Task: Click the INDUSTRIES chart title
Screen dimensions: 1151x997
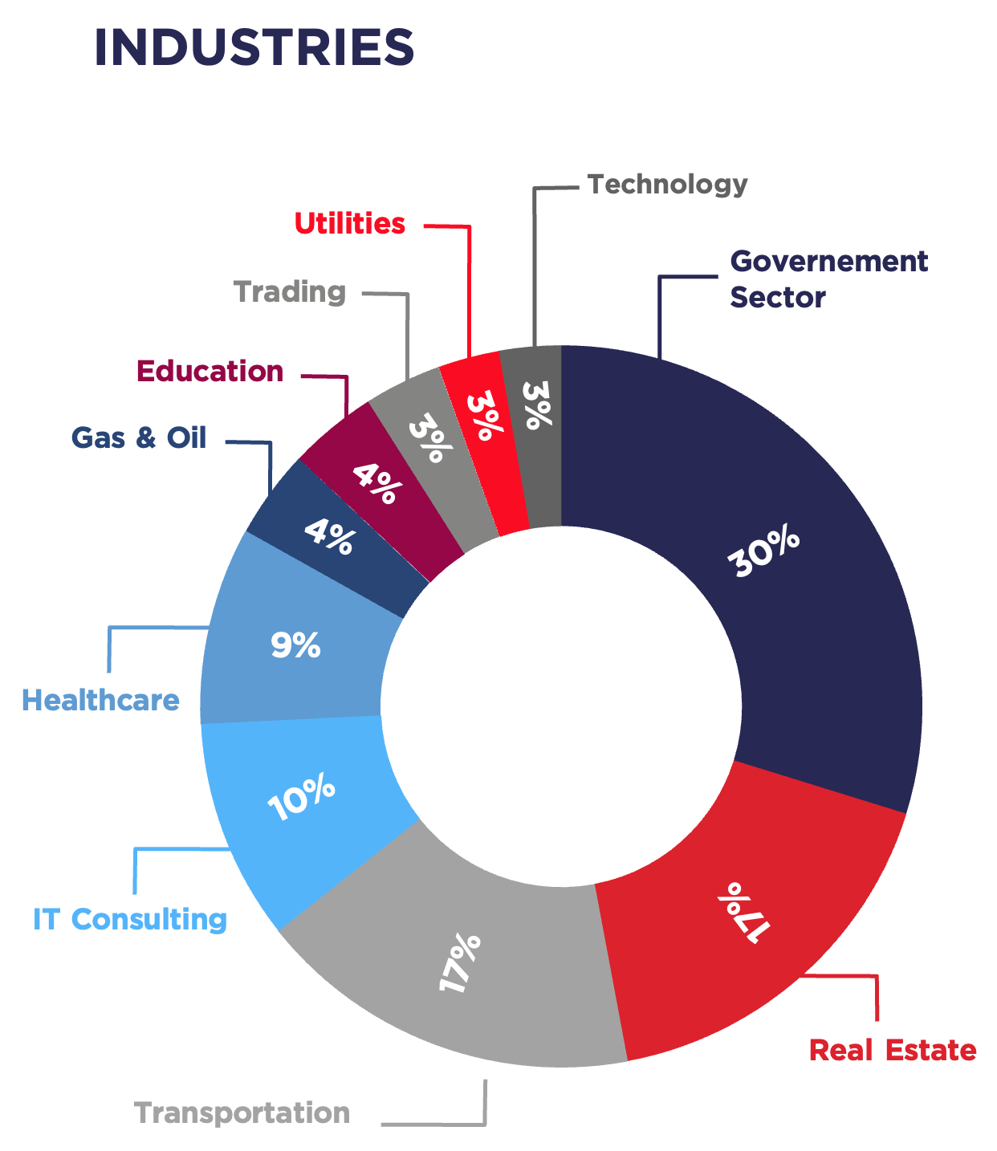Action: [x=254, y=47]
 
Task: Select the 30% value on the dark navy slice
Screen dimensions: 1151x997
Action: [x=763, y=551]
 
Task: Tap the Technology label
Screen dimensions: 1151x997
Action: [x=667, y=185]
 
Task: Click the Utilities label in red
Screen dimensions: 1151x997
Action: [x=350, y=224]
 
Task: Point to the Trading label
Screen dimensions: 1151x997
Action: [x=290, y=292]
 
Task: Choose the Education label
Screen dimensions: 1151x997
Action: [x=210, y=372]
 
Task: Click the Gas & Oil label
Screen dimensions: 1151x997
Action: [x=139, y=438]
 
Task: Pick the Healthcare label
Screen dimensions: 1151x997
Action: [x=100, y=701]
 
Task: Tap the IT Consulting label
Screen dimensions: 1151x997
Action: [x=130, y=920]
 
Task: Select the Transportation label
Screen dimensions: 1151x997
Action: [x=242, y=1113]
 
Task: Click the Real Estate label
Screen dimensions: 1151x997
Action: [x=892, y=1051]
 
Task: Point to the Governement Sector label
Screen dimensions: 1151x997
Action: [x=828, y=279]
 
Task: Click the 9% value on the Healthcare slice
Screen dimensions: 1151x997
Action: [x=295, y=645]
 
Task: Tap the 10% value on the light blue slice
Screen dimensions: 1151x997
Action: [x=301, y=796]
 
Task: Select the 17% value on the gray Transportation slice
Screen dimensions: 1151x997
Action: [x=460, y=962]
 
